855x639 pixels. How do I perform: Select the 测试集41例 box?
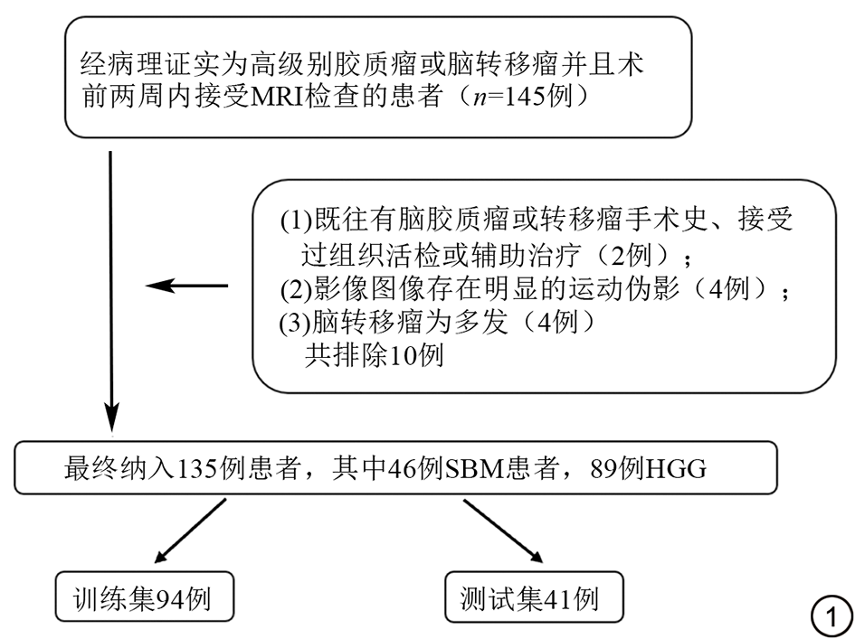coord(534,597)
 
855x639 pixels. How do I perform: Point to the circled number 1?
coord(829,617)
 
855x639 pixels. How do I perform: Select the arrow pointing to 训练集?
coord(190,531)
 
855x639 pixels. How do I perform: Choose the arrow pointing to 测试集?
coord(499,531)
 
